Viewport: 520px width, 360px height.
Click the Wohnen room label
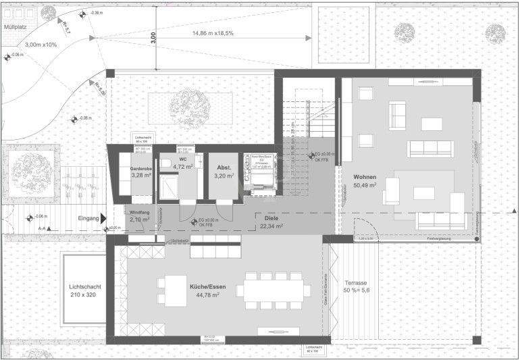[x=365, y=176]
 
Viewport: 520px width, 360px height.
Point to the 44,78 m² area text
[x=207, y=295]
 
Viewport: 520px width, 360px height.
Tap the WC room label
[x=182, y=159]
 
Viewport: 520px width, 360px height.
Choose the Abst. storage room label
[x=224, y=167]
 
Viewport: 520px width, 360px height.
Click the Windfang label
[x=139, y=211]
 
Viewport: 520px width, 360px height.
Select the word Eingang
[x=88, y=218]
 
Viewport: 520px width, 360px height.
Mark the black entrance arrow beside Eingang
[x=104, y=218]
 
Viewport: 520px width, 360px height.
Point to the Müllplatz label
[x=17, y=28]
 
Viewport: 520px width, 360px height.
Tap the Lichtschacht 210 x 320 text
[x=84, y=290]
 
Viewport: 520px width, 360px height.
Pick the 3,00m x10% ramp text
[x=41, y=45]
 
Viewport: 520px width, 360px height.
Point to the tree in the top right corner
[x=496, y=31]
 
